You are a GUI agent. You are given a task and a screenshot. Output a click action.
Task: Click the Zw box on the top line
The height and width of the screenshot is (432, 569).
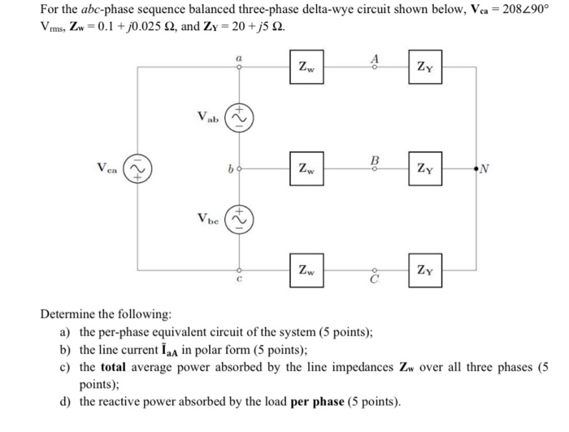306,67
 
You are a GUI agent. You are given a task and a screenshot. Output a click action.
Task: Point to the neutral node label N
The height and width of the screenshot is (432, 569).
486,169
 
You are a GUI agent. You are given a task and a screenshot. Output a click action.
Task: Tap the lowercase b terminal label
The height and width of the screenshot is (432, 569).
231,169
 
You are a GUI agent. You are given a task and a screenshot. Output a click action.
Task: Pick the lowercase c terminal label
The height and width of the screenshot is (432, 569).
238,281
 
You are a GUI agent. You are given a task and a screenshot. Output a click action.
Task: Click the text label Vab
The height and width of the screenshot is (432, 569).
210,117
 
